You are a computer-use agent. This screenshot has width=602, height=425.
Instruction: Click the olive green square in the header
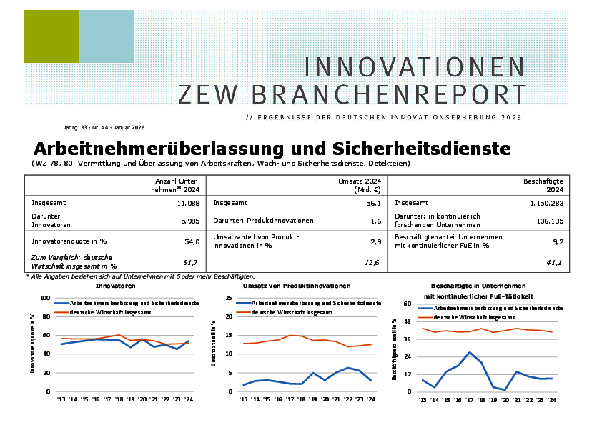(51, 36)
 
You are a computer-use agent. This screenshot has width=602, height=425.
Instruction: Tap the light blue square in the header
(107, 36)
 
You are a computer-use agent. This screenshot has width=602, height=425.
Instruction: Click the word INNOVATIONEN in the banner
(415, 66)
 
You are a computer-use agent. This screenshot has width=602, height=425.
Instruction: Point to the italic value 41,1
(554, 263)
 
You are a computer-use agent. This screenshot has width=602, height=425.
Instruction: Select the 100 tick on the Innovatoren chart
(45, 298)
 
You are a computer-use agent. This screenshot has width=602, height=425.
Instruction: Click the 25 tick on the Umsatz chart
(229, 298)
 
